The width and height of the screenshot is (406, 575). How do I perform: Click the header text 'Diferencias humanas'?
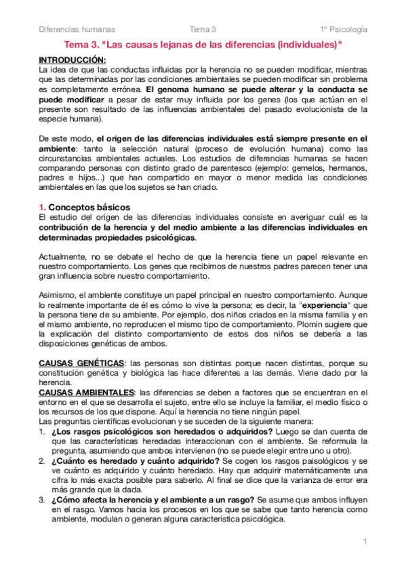[x=77, y=29]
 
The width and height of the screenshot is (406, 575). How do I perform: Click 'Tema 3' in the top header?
[x=203, y=29]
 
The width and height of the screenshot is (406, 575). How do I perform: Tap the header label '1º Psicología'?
[x=345, y=29]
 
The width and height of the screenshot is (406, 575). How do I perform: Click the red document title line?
[x=203, y=45]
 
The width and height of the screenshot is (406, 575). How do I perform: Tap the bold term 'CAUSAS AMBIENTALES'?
[x=87, y=393]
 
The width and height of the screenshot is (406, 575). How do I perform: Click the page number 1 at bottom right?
[x=365, y=541]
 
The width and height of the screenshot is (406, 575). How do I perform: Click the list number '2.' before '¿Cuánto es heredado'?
[x=42, y=462]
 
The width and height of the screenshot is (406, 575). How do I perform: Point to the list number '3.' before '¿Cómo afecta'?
[x=42, y=500]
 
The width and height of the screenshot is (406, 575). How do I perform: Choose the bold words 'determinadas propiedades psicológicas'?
[x=117, y=238]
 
